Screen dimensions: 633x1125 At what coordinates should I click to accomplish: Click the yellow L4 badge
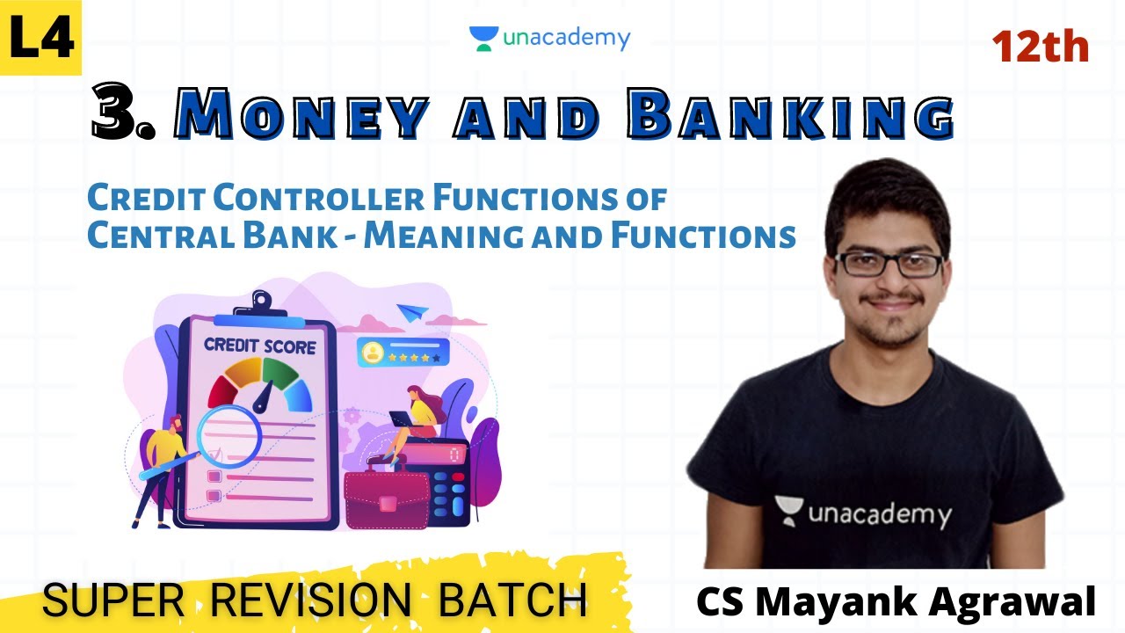point(40,38)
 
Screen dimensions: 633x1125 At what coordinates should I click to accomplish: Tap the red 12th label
point(1041,46)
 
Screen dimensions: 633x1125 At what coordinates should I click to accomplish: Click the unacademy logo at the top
point(550,39)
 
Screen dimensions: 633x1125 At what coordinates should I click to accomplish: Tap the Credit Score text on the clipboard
point(259,346)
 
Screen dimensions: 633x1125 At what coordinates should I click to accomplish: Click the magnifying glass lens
point(228,436)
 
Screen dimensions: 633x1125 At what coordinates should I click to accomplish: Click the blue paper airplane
point(411,312)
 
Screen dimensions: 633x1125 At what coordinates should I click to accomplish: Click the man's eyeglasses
point(888,264)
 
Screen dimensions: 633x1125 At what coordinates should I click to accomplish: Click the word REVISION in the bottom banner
point(311,600)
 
